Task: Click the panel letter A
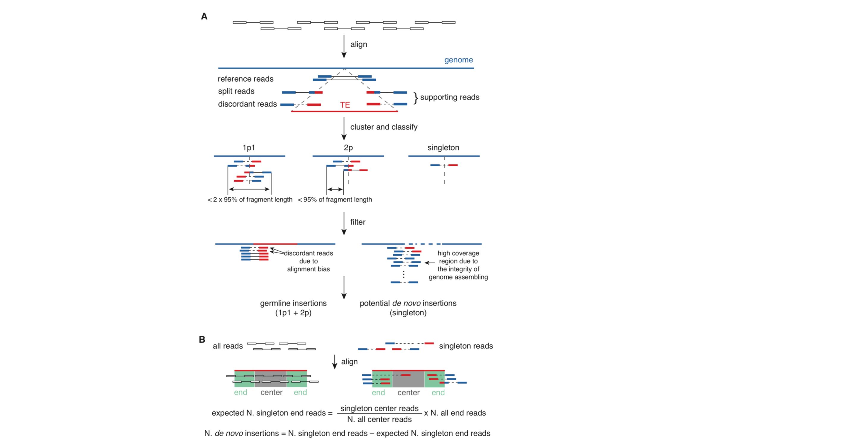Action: (x=204, y=16)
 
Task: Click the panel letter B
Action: (x=202, y=340)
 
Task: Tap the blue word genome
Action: (x=458, y=60)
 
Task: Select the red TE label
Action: (x=345, y=105)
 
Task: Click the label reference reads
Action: (x=245, y=79)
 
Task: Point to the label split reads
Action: (x=236, y=91)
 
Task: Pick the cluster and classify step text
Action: (x=384, y=127)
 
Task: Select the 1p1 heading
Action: (x=249, y=148)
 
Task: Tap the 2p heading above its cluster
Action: (x=348, y=148)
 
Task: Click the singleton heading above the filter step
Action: (x=443, y=148)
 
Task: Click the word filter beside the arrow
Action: (x=358, y=222)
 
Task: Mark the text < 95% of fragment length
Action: (x=335, y=199)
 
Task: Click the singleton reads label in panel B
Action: (x=466, y=346)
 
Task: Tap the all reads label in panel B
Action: (x=228, y=346)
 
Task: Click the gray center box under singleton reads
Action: (x=409, y=379)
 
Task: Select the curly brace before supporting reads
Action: (x=416, y=98)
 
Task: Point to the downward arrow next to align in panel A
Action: (x=344, y=46)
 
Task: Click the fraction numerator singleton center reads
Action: (x=379, y=408)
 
